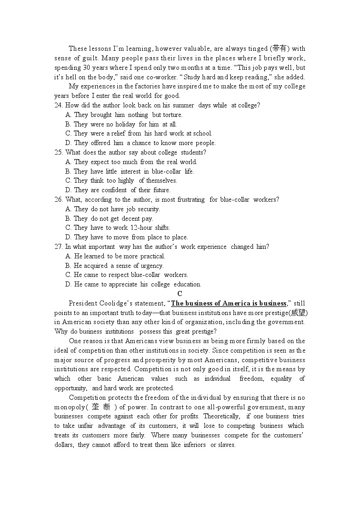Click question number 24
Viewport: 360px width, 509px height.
click(x=58, y=105)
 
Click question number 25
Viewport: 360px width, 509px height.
click(x=58, y=152)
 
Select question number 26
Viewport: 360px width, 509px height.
click(x=58, y=199)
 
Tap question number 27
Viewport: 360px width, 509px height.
click(x=58, y=247)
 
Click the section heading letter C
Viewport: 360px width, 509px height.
click(x=180, y=294)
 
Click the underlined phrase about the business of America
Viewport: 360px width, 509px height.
click(x=229, y=303)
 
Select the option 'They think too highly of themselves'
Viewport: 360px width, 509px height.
click(x=121, y=180)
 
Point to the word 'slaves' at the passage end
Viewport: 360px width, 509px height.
click(x=226, y=445)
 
